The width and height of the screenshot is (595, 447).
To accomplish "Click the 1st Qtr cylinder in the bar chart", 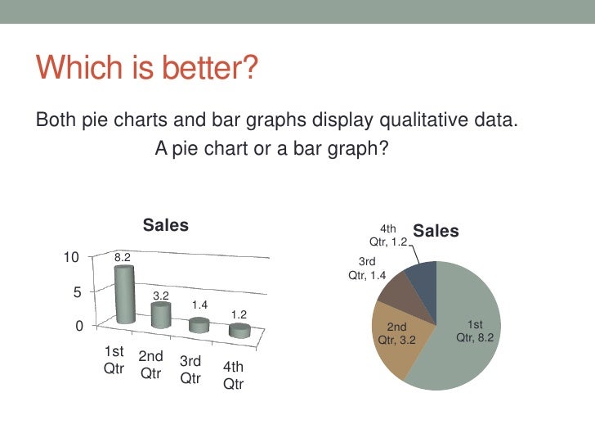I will [x=124, y=295].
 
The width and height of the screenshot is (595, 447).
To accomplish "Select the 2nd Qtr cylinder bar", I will [x=161, y=314].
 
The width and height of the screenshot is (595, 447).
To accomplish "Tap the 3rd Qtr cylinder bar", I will [x=199, y=324].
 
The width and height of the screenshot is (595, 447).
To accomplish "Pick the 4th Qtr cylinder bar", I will [x=239, y=330].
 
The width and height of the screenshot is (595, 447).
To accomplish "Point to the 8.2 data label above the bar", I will [x=123, y=256].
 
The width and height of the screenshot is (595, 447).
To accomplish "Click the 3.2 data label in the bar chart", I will [x=161, y=295].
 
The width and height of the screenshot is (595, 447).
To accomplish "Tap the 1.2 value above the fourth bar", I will [x=239, y=314].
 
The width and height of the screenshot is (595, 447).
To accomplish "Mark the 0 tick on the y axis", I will [x=79, y=326].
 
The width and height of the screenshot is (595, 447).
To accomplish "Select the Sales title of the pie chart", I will [x=436, y=232].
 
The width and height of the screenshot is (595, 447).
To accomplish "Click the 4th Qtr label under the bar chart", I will [x=234, y=377].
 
